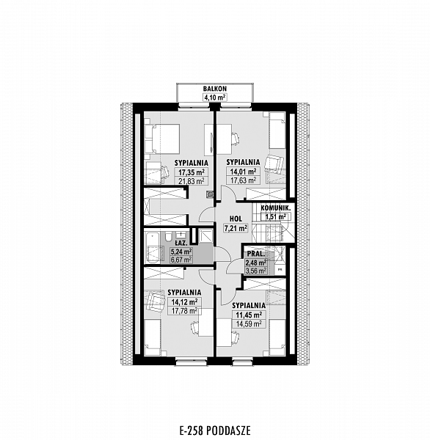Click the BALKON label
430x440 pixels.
click(215, 89)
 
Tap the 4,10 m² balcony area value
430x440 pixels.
click(215, 98)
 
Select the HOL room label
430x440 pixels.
click(236, 219)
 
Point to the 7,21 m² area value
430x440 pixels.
click(236, 228)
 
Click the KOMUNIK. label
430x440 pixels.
click(275, 208)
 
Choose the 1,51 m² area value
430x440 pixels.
click(275, 216)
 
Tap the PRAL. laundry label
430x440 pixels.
click(256, 254)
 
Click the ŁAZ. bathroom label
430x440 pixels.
click(181, 243)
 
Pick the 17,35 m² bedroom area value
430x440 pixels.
click(192, 172)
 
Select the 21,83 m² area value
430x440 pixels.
click(192, 181)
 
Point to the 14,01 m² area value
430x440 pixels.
click(243, 171)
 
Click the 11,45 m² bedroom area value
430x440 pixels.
click(249, 315)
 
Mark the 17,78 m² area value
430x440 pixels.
click(184, 311)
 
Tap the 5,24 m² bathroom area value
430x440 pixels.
click(181, 252)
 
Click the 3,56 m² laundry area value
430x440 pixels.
click(256, 271)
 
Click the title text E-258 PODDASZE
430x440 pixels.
click(215, 430)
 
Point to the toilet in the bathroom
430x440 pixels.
click(168, 236)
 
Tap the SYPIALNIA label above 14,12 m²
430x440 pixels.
click(184, 293)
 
